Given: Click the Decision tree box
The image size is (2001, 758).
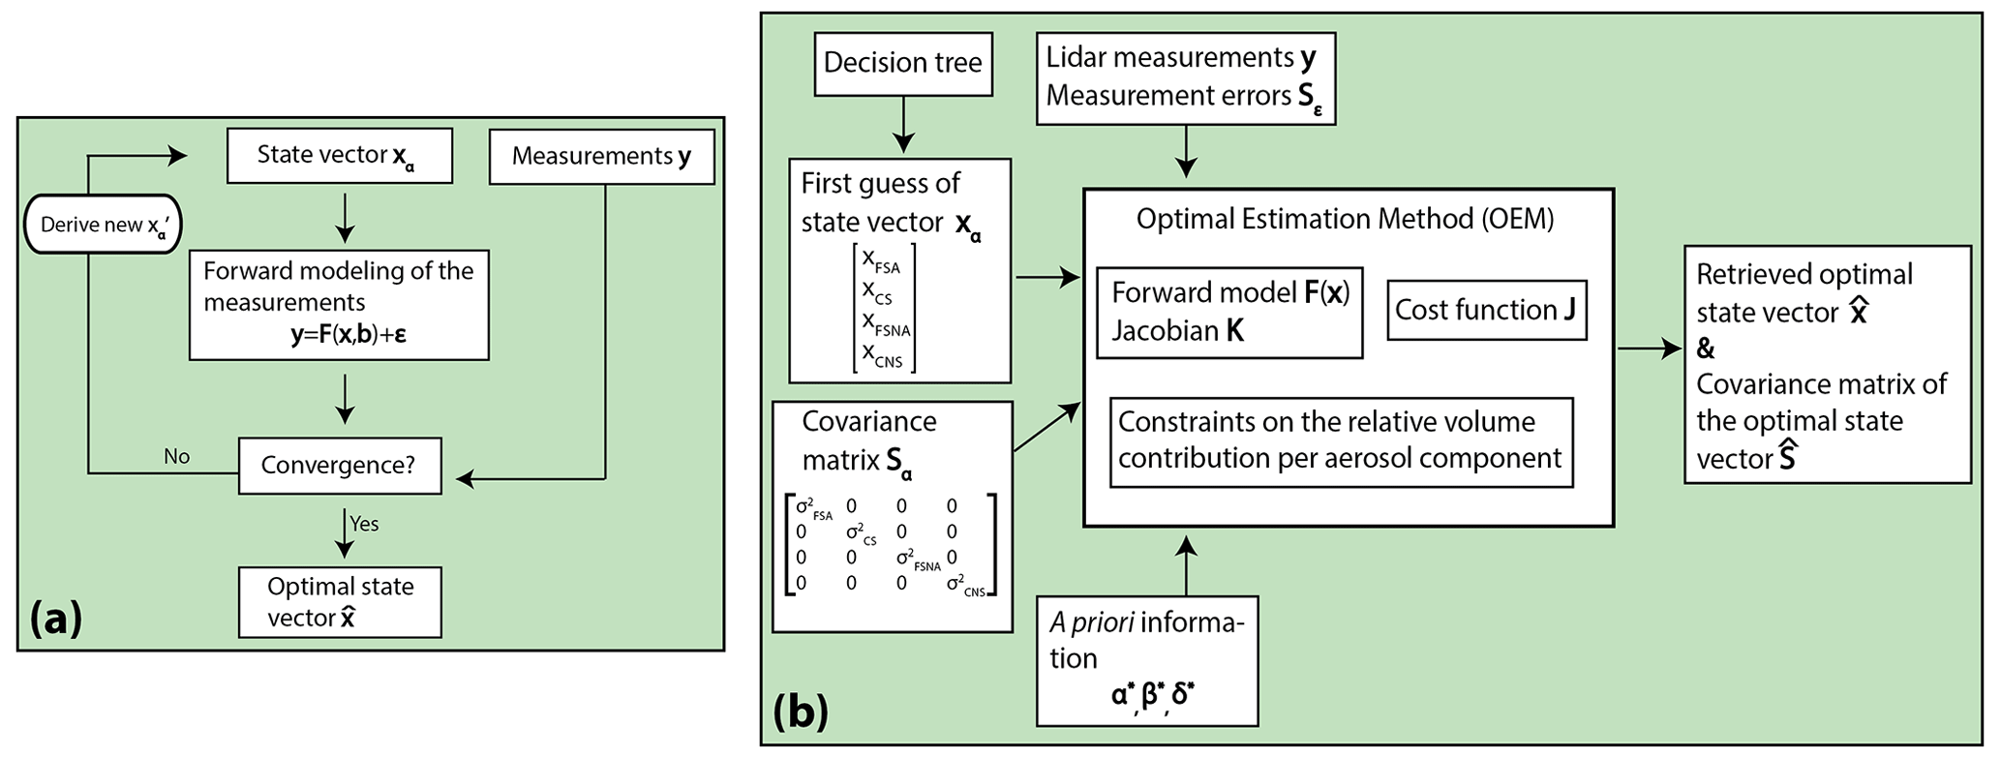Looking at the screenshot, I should [x=902, y=64].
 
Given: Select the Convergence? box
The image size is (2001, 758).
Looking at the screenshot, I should [x=339, y=466].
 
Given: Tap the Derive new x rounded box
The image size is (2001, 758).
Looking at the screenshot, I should [x=104, y=225].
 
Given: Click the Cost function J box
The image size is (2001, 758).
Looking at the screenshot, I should [x=1486, y=310].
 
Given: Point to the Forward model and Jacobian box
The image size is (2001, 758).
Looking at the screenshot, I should [x=1229, y=312].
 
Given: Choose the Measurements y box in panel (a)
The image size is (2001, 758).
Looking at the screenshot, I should [x=601, y=156].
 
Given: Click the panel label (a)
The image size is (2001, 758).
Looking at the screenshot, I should [x=56, y=618].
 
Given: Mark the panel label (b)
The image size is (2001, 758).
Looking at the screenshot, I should [x=801, y=712].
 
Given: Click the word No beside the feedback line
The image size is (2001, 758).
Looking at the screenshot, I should [x=176, y=456].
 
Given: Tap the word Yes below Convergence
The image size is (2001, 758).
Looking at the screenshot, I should [x=364, y=524].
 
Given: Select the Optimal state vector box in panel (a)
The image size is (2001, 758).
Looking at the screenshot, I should [x=340, y=601].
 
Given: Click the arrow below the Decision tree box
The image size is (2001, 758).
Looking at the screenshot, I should [x=902, y=126].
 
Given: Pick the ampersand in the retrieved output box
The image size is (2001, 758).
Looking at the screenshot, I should [x=1706, y=349].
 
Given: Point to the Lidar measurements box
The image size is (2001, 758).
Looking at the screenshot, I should [x=1185, y=77].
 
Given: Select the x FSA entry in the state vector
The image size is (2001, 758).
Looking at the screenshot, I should [x=881, y=260].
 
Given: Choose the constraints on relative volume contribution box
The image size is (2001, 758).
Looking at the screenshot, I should [x=1340, y=440].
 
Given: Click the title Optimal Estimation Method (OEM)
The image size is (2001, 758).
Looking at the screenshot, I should [x=1345, y=219].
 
